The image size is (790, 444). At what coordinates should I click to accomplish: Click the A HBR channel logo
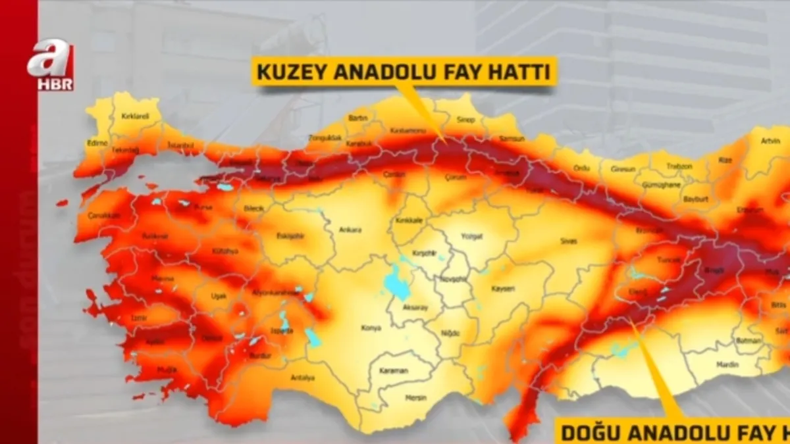pos(50,64)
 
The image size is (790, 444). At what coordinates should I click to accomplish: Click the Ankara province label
pos(350,230)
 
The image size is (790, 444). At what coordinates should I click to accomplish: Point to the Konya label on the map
pos(371,328)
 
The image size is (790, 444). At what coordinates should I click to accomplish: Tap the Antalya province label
pos(303,378)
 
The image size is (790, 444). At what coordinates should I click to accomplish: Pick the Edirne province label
pos(97,142)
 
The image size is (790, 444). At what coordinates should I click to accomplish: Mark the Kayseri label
pos(504,288)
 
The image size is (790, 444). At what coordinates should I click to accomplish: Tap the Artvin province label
pos(770,141)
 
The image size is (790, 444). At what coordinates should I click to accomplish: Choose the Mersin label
pos(415,398)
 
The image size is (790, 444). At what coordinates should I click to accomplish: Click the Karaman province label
pos(394,371)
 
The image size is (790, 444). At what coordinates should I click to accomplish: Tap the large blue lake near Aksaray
pos(396,283)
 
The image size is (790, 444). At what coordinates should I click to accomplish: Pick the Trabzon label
pos(679,166)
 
